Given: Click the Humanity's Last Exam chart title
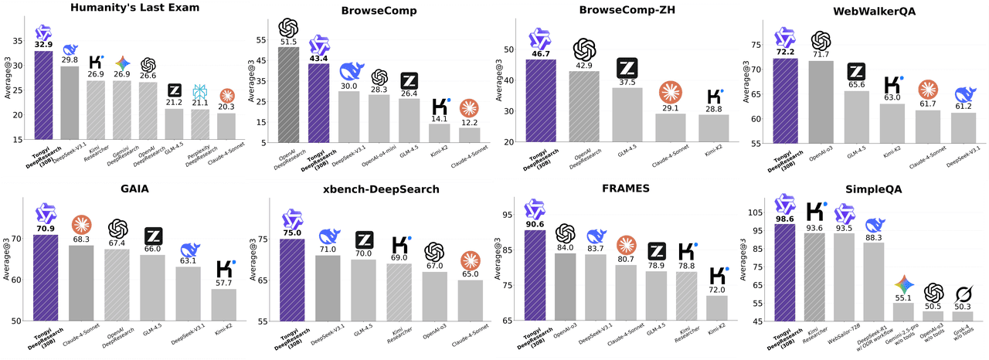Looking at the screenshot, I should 124,8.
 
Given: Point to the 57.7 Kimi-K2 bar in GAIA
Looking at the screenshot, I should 224,304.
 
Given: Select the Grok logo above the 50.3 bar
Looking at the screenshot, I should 963,294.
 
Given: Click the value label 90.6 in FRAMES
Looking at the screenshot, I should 536,225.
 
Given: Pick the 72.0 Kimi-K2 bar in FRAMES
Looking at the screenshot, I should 717,307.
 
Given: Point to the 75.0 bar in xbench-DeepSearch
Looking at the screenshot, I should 291,279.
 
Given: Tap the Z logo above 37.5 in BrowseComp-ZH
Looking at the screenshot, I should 627,68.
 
